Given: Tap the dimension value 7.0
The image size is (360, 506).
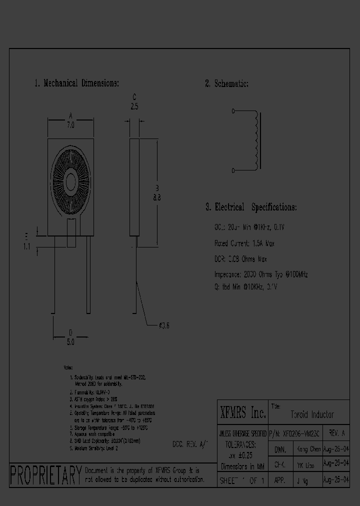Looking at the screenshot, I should tap(70, 126).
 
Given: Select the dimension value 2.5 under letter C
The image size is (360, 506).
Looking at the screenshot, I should tap(134, 106).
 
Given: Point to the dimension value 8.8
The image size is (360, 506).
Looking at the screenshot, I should tap(156, 197).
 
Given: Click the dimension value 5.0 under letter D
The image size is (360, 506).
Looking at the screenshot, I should tap(70, 342).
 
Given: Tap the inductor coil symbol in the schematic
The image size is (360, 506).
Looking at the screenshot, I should tap(257, 140).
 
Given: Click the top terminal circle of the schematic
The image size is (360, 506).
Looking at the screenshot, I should tap(233, 111).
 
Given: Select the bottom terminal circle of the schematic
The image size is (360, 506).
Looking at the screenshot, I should tap(233, 170).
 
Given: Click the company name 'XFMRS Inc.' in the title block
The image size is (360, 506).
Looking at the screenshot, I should tap(243, 413).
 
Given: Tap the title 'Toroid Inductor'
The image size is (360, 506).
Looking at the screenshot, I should tap(312, 414).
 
